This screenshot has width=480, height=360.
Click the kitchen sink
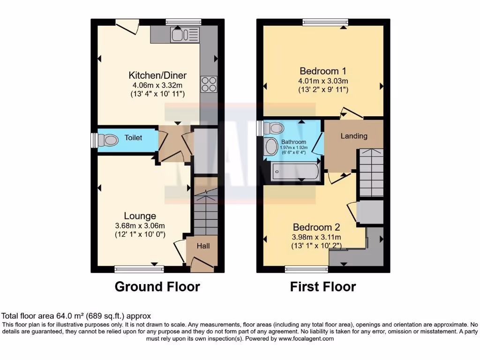[185, 35]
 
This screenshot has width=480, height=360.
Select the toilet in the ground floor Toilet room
[110, 139]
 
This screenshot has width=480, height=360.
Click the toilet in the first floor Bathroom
[274, 128]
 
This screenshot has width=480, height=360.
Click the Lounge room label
[140, 216]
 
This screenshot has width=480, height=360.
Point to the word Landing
[354, 136]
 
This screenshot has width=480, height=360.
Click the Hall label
[203, 246]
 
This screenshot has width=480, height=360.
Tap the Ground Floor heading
[157, 286]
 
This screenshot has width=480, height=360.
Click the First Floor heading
[323, 286]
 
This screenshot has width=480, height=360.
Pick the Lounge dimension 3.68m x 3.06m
[140, 225]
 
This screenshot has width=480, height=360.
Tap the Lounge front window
[139, 269]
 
